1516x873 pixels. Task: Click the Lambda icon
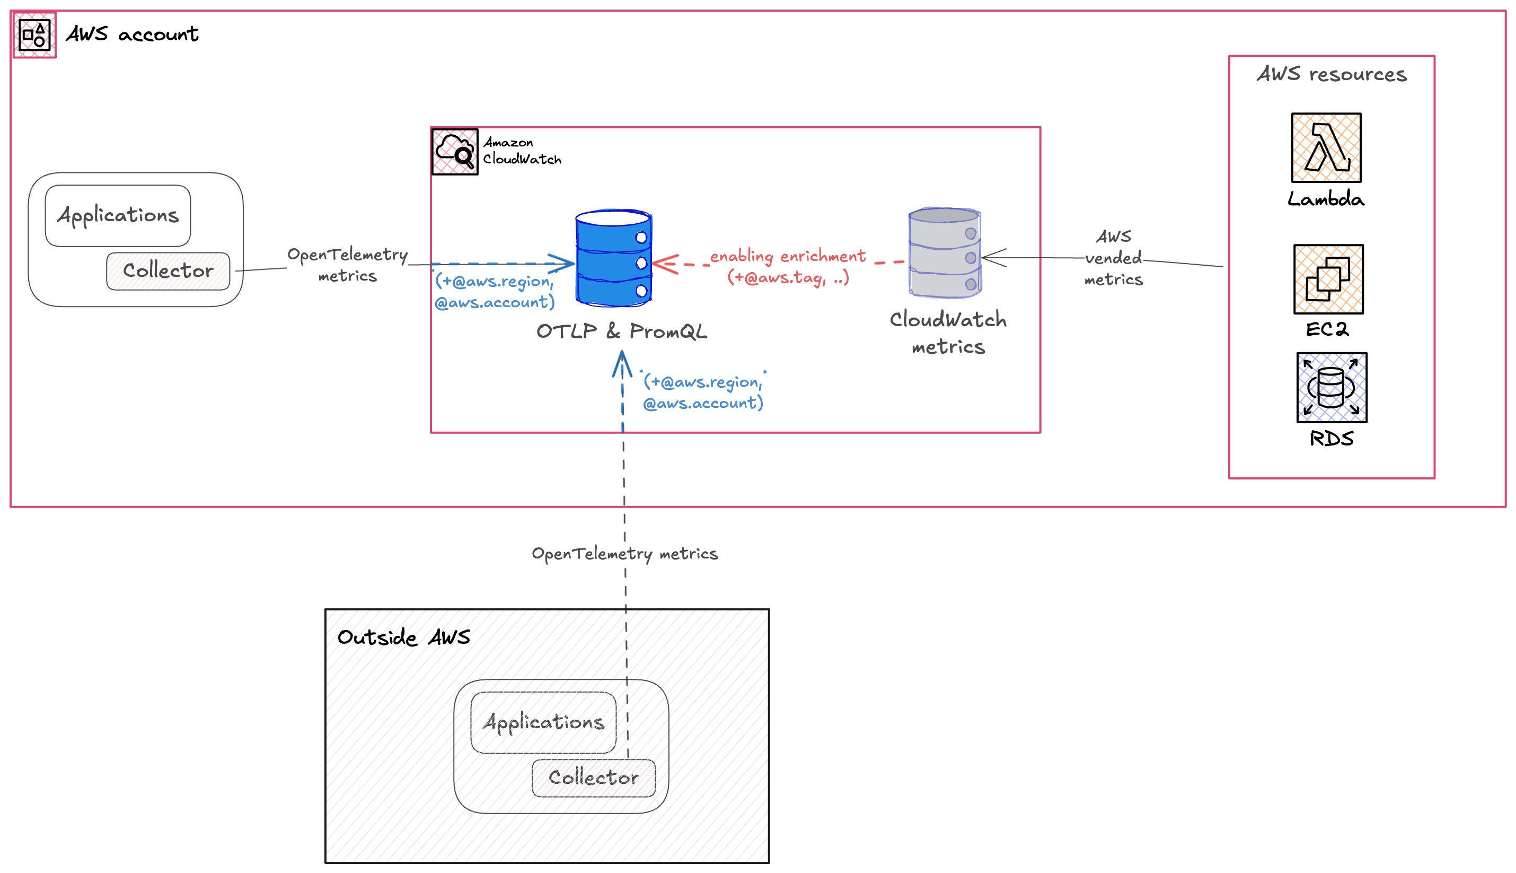1326,147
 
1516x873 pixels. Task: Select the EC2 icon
1328,279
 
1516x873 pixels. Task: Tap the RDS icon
1332,387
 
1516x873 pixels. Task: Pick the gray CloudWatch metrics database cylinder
945,253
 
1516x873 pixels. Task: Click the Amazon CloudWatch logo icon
454,152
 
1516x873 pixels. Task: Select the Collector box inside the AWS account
168,271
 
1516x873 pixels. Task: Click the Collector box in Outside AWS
593,778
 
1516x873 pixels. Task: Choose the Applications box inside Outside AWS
543,722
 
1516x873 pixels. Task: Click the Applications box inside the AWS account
118,215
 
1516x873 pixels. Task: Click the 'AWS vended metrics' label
1113,258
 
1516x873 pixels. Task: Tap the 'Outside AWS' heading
403,637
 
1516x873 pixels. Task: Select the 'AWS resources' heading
1332,74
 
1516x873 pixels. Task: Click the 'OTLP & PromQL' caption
621,331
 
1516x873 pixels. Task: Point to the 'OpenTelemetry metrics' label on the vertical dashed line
624,553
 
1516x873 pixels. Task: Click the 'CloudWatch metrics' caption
948,333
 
